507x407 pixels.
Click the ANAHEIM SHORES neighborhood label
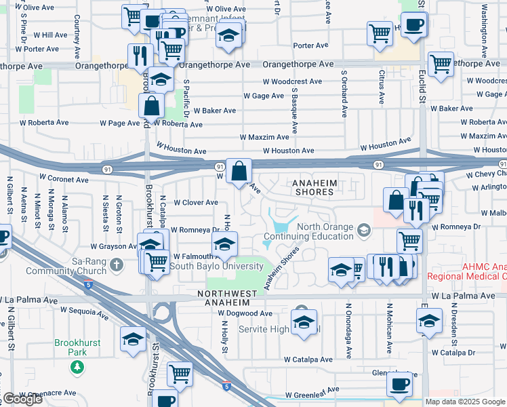coord(312,187)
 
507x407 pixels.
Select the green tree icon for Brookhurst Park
coord(78,367)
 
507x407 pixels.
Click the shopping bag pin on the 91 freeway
coord(239,171)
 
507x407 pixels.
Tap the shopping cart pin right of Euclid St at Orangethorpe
coord(441,64)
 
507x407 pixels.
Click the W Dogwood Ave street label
coord(245,313)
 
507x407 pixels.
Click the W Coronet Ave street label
coord(64,180)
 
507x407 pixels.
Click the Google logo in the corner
coord(22,399)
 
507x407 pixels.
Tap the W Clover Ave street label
coord(196,202)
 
